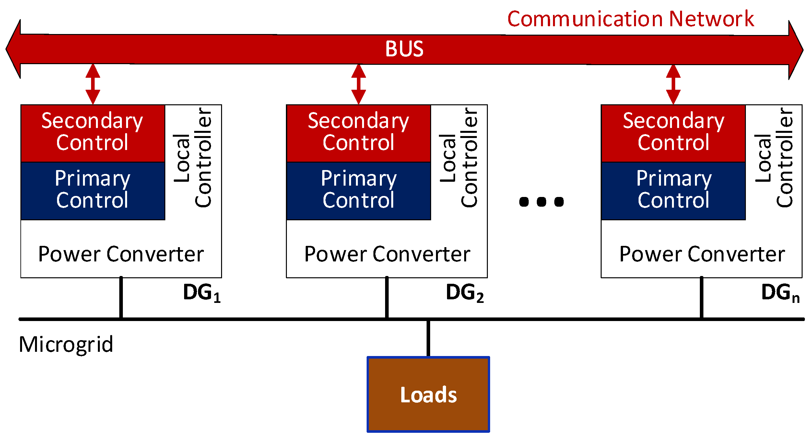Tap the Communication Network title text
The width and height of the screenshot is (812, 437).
(630, 19)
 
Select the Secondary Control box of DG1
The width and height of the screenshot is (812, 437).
(93, 133)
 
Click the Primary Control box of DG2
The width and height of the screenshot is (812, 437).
(359, 190)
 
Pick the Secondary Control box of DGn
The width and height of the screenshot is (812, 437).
(673, 133)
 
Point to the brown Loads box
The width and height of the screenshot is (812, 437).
(428, 394)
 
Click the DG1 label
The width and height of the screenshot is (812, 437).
(201, 293)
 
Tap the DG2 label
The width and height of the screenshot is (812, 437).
(465, 293)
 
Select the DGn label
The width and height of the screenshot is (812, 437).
(780, 293)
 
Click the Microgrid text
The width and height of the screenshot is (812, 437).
(66, 345)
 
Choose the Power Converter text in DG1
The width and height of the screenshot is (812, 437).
(121, 254)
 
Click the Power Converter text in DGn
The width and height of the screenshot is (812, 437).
(702, 254)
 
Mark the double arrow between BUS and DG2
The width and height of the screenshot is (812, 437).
(359, 84)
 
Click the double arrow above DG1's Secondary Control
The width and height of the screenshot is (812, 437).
(93, 84)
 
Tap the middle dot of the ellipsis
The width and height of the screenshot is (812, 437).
(541, 202)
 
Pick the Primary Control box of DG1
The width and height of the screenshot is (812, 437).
(93, 190)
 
